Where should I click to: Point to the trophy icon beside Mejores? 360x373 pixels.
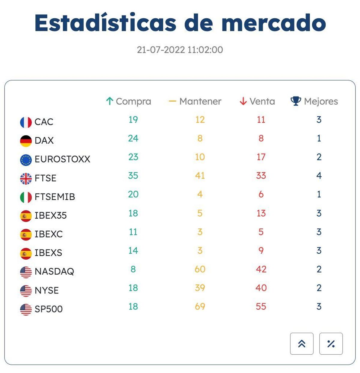click(295, 101)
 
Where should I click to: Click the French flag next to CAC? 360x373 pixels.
click(26, 122)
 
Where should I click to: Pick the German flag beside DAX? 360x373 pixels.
click(26, 141)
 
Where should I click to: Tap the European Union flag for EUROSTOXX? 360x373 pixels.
click(26, 160)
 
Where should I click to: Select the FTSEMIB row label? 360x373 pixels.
click(55, 197)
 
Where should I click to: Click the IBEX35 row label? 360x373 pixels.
click(50, 215)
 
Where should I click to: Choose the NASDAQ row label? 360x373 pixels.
click(54, 271)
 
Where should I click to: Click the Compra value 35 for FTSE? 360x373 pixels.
click(133, 175)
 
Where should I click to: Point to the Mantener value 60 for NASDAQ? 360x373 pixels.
click(200, 269)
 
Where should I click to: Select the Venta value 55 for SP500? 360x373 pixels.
click(261, 306)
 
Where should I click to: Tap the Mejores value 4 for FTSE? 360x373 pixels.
click(319, 175)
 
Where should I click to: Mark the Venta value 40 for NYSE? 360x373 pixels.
click(261, 288)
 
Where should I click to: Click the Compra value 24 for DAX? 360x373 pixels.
click(133, 138)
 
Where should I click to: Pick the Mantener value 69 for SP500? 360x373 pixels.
click(200, 306)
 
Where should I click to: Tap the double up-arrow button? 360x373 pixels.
click(302, 344)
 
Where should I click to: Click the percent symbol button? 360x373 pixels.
click(331, 344)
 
